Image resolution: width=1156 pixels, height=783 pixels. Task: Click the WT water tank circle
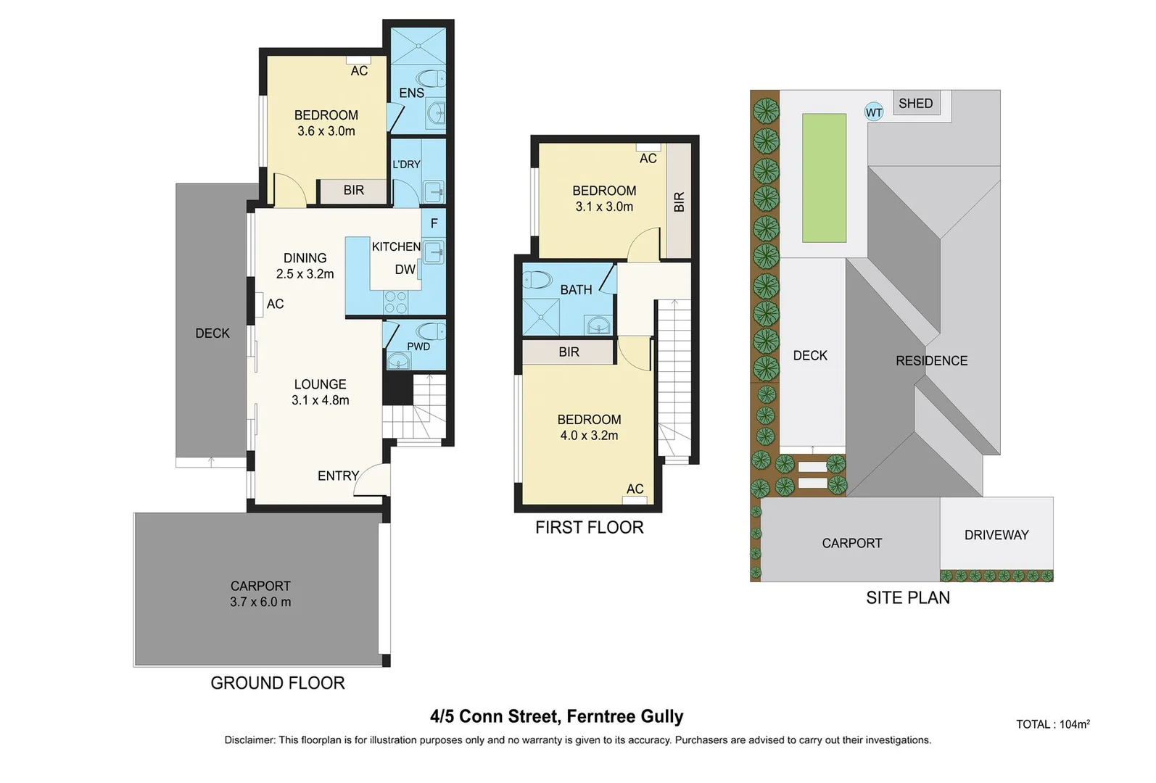873,112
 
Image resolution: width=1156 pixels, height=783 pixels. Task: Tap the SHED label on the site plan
915,103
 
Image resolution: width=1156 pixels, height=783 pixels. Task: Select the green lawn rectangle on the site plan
824,178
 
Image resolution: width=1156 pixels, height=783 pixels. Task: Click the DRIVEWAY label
996,535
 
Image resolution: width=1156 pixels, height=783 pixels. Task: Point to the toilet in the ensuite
431,79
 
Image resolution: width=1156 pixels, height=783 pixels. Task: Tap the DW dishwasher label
405,269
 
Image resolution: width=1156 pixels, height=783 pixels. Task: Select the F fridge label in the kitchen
434,223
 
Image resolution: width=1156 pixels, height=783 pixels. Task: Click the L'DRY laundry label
406,165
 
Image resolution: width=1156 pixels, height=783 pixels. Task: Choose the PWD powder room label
418,347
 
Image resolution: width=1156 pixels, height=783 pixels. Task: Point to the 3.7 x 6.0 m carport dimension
260,602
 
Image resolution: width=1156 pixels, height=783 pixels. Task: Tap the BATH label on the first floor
576,290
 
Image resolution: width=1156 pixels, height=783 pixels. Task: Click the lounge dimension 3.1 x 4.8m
320,400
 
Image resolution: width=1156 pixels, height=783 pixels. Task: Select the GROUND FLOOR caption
277,683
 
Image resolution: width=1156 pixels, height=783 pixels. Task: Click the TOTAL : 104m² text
1053,724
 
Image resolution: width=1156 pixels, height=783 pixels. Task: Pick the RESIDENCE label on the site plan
931,360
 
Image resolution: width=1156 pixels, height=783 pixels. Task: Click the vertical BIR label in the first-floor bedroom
679,202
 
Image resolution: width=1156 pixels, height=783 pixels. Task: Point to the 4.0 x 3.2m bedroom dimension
589,435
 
